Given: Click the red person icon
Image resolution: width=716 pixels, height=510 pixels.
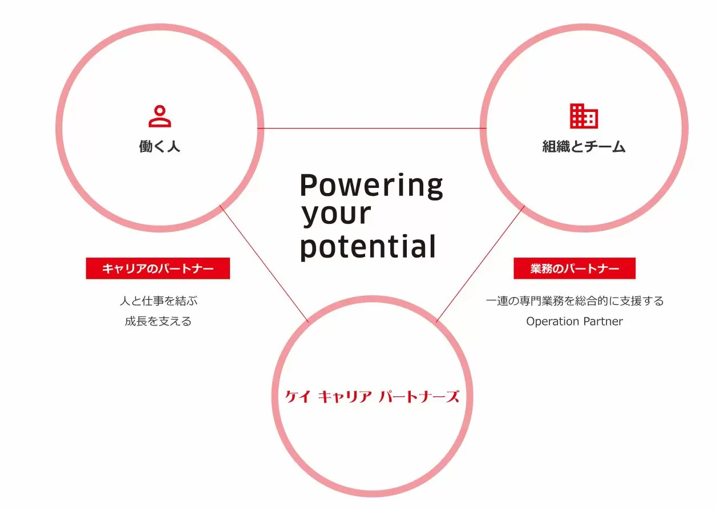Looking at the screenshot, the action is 160,116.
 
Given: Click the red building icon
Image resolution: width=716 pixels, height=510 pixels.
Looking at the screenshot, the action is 584,116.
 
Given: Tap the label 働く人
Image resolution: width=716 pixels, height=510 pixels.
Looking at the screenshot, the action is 160,147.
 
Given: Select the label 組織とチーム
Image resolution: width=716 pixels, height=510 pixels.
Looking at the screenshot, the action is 584,147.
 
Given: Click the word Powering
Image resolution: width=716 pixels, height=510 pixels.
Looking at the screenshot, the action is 371,186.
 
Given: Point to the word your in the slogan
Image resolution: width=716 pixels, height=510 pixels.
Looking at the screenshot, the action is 336,215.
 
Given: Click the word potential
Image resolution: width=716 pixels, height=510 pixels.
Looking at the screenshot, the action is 368,247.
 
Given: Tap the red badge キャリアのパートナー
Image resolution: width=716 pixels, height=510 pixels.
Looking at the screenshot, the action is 158,268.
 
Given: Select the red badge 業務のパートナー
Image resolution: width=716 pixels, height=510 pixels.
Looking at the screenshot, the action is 575,268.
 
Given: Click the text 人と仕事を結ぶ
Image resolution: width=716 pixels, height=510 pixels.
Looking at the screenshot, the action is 159,301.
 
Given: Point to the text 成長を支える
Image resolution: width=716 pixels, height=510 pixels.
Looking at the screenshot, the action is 158,321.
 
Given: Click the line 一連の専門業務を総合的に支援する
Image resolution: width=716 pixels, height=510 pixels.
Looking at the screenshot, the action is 575,301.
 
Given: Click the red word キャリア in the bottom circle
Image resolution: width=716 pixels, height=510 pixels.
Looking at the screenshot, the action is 345,397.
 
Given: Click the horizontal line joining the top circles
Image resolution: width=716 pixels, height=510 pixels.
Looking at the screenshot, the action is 372,128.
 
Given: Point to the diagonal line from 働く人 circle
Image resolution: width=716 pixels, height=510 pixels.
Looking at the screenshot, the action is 264,263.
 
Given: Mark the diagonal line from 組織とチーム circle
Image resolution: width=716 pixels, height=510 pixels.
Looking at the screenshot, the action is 480,264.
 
